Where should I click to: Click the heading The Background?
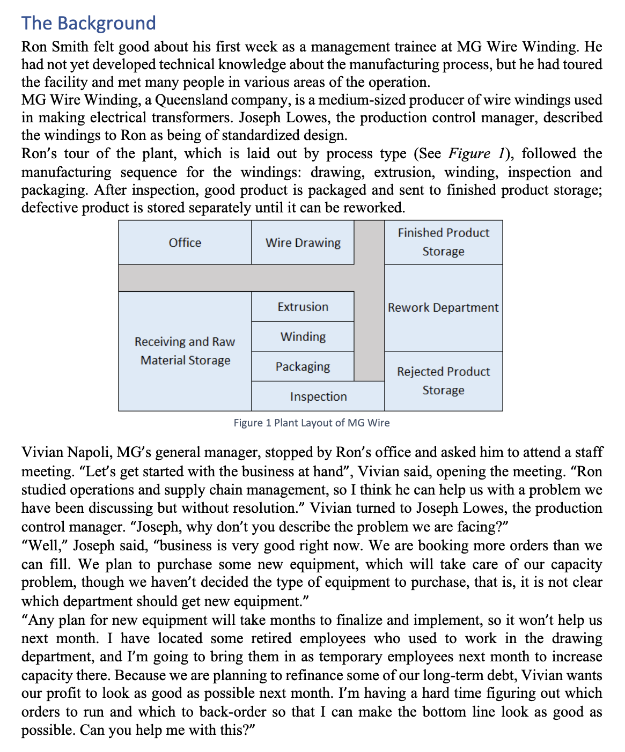89,23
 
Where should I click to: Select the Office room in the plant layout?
185,242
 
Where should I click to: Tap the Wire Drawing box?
303,242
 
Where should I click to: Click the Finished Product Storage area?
443,242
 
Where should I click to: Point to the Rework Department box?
443,307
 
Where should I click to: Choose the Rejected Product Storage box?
443,381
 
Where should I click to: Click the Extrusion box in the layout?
303,307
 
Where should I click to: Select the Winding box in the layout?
303,337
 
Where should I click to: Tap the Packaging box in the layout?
303,366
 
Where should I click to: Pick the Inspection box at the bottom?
318,396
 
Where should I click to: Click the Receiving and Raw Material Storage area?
185,351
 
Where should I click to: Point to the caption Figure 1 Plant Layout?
311,423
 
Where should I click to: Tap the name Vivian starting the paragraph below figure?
40,453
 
